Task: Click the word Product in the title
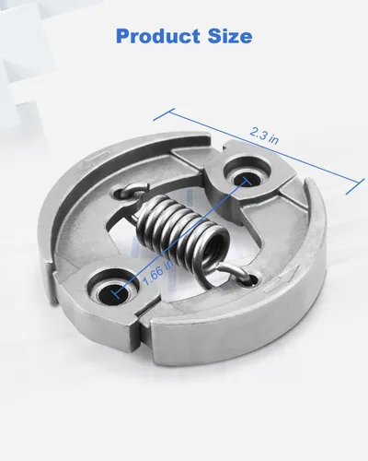157,36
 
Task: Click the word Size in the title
230,36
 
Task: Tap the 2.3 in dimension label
264,136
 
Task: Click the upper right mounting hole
247,179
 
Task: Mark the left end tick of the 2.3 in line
164,114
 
